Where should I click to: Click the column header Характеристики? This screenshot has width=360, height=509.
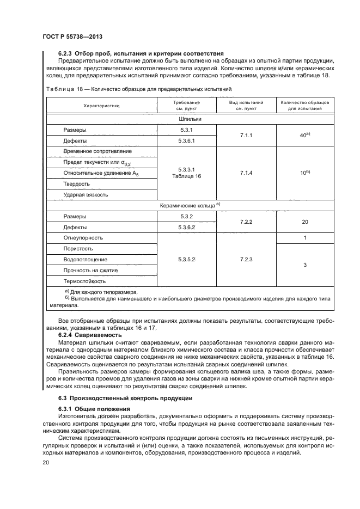[x=101, y=106]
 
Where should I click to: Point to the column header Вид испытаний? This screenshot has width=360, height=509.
[x=247, y=105]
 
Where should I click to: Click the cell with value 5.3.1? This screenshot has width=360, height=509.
[x=186, y=130]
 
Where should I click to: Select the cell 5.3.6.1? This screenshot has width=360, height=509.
[x=186, y=140]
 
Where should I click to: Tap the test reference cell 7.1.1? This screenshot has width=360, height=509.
[x=247, y=135]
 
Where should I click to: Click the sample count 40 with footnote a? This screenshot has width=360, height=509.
[x=304, y=135]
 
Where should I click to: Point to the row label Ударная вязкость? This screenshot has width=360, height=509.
[x=86, y=194]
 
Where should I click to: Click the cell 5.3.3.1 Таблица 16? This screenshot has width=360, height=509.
[x=186, y=173]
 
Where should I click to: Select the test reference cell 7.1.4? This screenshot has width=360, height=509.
[x=247, y=173]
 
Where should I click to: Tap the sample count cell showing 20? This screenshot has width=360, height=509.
[x=304, y=222]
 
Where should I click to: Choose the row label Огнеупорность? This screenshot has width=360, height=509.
[x=83, y=238]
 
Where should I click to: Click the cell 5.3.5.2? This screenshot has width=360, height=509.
[x=186, y=260]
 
